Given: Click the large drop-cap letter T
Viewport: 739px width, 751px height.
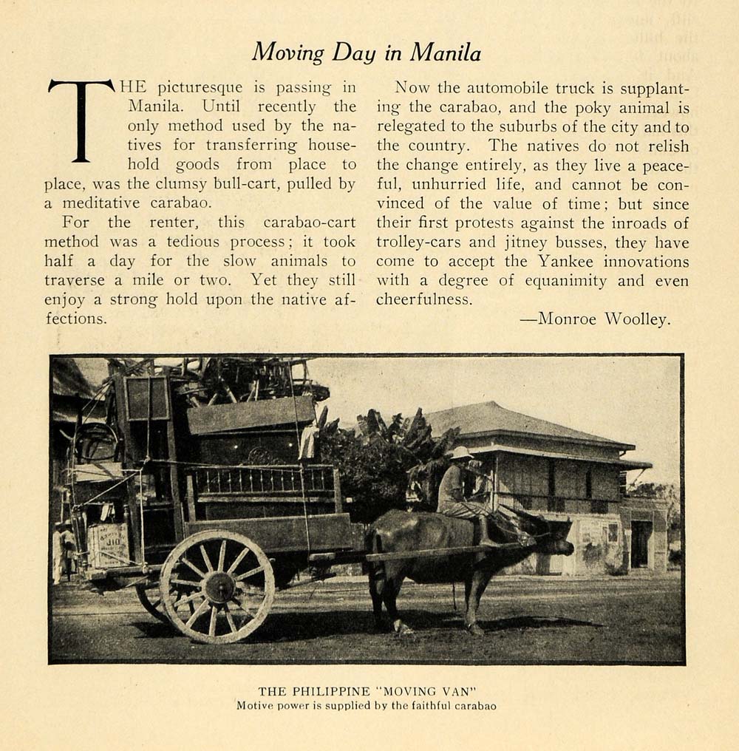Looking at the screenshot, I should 80,120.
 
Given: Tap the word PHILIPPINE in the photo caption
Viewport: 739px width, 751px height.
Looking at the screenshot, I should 324,691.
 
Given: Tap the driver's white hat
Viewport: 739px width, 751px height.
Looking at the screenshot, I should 462,452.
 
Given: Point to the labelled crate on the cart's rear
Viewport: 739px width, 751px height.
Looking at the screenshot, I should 109,545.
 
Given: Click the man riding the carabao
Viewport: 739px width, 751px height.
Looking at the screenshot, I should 458,492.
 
